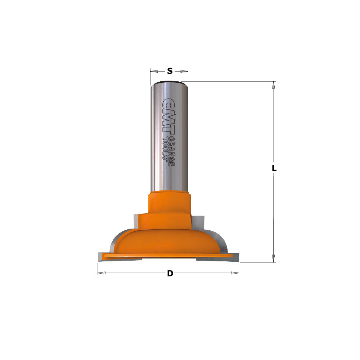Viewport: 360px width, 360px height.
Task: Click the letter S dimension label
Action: click(x=170, y=71)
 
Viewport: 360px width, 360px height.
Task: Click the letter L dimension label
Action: click(x=274, y=168)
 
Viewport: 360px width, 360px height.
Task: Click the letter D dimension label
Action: click(x=170, y=273)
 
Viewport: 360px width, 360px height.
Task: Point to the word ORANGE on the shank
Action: click(x=171, y=152)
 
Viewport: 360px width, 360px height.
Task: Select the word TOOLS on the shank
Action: click(x=165, y=148)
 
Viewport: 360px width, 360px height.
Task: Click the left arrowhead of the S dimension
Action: click(x=154, y=71)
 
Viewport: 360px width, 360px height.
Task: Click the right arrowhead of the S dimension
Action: click(x=184, y=71)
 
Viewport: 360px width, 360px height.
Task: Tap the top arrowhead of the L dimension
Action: click(x=274, y=85)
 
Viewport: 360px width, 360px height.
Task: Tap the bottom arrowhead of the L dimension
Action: click(x=274, y=258)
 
